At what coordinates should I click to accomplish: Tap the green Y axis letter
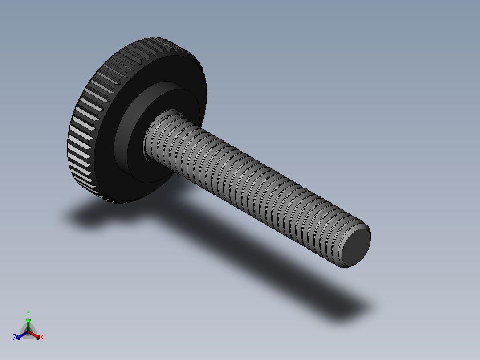pyautogui.click(x=28, y=313)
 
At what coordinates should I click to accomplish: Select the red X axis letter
pyautogui.click(x=42, y=338)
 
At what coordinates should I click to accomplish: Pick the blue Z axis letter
pyautogui.click(x=15, y=337)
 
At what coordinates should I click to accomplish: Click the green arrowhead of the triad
pyautogui.click(x=28, y=320)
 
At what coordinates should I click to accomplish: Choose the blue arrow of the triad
pyautogui.click(x=20, y=335)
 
